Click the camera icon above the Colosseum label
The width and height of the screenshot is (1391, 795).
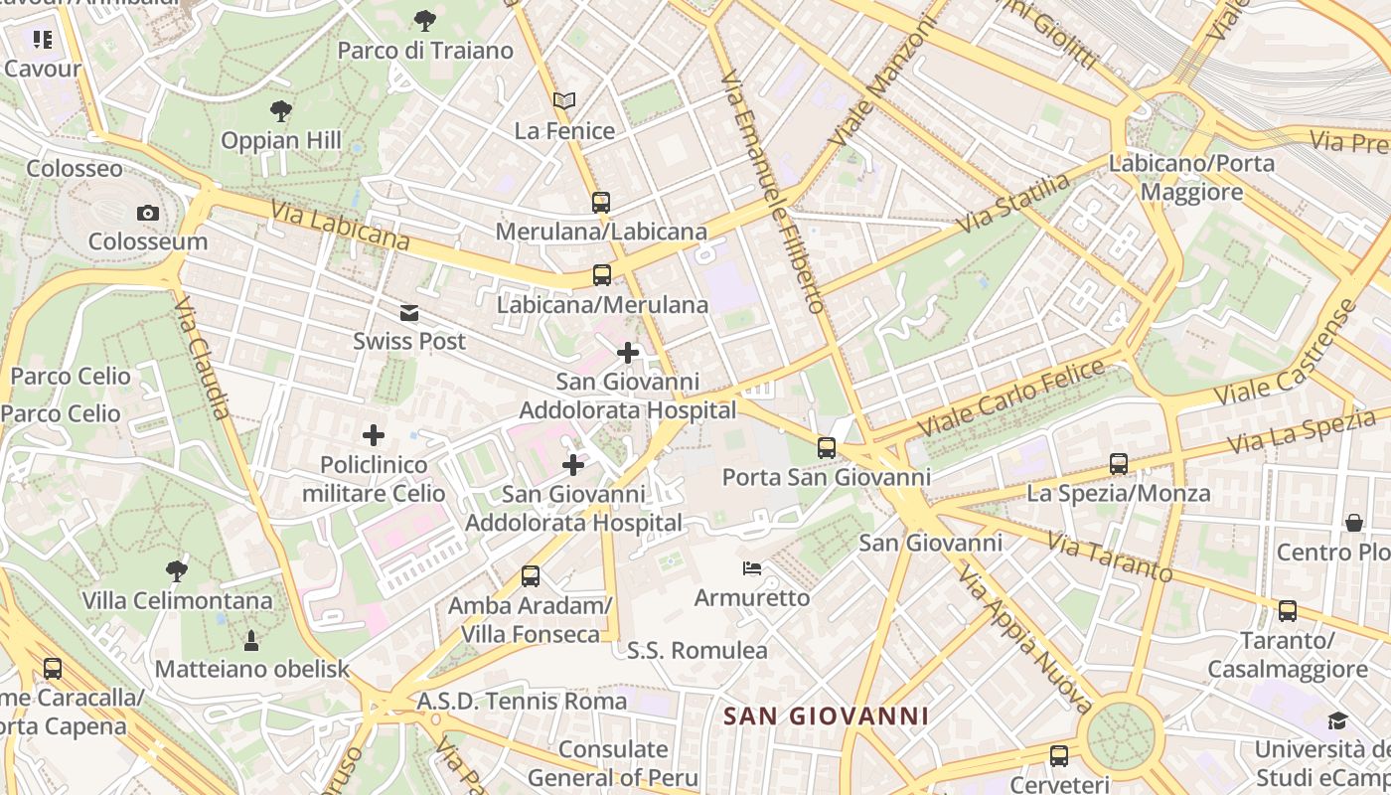point(148,213)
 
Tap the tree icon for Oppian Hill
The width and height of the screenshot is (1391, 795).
point(281,110)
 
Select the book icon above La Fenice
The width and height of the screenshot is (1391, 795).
point(564,100)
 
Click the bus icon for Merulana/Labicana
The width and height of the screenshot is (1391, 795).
point(601,203)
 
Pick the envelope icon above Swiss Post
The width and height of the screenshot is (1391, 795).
point(409,313)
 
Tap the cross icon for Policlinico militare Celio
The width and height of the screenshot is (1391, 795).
point(374,435)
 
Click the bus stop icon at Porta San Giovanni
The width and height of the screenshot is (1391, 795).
point(827,448)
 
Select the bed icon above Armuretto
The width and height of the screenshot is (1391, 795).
point(752,569)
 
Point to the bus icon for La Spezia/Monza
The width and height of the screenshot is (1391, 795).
point(1119,464)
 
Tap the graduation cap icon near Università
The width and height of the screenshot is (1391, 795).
point(1338,720)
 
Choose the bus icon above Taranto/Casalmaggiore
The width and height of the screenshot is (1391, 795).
point(1288,611)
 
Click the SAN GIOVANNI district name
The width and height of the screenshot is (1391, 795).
point(826,715)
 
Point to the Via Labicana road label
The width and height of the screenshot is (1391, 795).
point(340,225)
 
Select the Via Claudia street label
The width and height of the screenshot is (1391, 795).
point(203,357)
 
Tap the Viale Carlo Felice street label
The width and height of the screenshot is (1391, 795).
point(1011,397)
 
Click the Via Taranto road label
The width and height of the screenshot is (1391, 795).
point(1110,556)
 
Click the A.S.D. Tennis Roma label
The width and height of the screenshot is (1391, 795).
point(522,701)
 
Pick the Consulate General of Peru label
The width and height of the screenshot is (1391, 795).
point(612,762)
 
